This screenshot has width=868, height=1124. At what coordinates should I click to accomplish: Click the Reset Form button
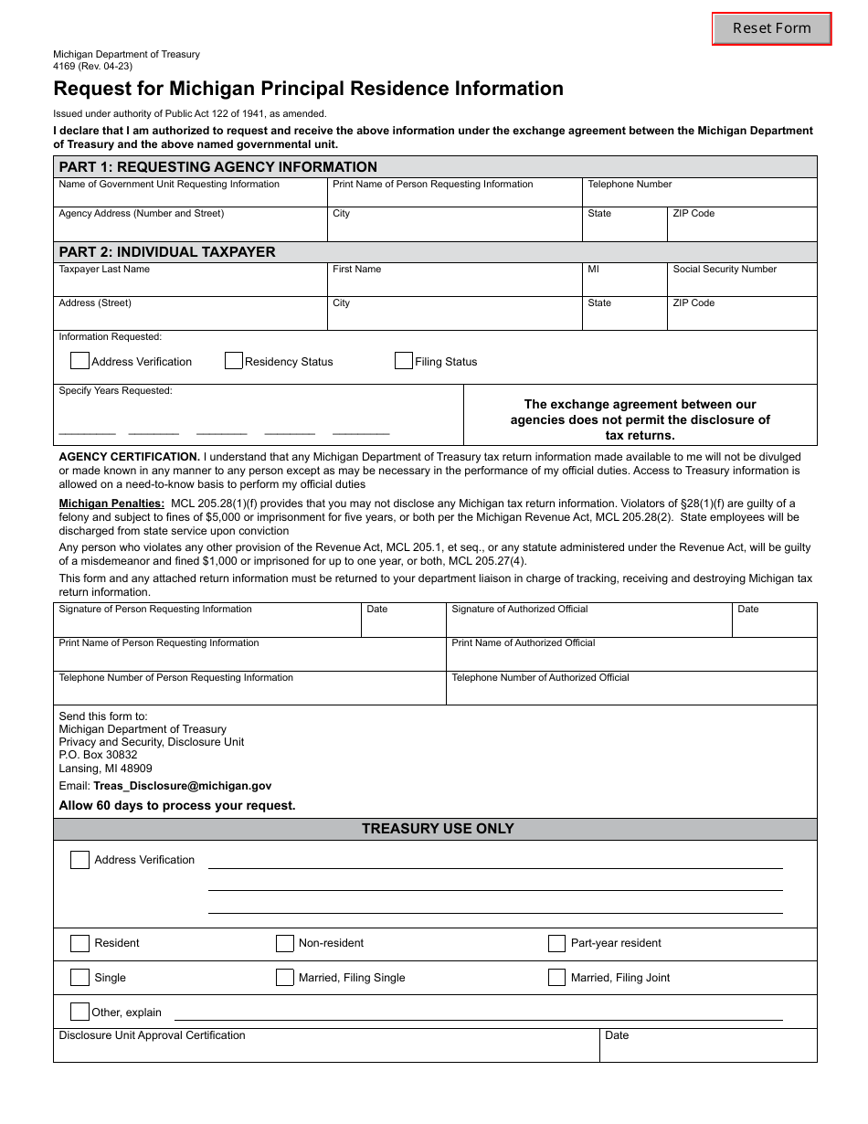click(x=772, y=28)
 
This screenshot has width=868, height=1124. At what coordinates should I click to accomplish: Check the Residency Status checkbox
click(x=234, y=361)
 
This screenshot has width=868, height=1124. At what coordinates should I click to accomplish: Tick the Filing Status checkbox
click(x=404, y=361)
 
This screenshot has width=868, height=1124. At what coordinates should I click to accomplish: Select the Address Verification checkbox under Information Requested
click(x=79, y=361)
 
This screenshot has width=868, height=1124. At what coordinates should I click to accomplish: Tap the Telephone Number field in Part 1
click(x=699, y=196)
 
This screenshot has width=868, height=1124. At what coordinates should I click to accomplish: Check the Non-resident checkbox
click(x=285, y=943)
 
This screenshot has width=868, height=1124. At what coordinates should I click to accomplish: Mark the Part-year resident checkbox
click(x=557, y=943)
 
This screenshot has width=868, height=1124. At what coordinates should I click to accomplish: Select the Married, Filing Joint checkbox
click(x=557, y=978)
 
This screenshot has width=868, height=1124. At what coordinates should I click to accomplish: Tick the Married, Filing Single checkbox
click(x=285, y=978)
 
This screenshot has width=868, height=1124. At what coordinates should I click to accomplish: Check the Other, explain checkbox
click(x=79, y=1012)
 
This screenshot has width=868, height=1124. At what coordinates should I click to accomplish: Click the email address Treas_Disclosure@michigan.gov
click(x=182, y=786)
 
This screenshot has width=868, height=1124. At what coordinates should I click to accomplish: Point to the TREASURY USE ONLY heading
click(x=438, y=829)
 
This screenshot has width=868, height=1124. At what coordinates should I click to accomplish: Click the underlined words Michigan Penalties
click(x=111, y=504)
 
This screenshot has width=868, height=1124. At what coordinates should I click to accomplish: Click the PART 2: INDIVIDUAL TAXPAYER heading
click(x=167, y=252)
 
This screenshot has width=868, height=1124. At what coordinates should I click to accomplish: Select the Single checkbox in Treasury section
click(x=79, y=978)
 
